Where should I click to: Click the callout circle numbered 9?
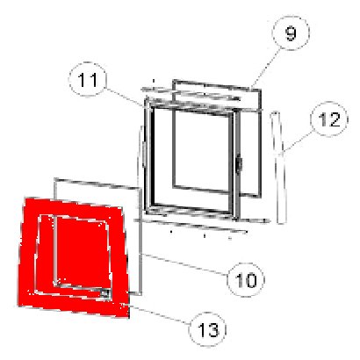[291, 33]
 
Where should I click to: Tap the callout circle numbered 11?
[88, 79]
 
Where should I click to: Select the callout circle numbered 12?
[329, 119]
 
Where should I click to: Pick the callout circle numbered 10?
[246, 279]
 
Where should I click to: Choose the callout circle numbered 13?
[208, 329]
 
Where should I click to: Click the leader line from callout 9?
[264, 68]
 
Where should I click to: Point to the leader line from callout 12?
[298, 142]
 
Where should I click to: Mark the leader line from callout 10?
[184, 264]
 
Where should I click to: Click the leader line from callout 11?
[126, 97]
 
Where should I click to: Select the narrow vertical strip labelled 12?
[278, 168]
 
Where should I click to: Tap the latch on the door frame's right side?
[239, 165]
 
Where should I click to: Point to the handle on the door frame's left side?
[145, 154]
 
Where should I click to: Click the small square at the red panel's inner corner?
[105, 293]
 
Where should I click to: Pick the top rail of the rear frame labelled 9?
[217, 85]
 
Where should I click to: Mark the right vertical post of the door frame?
[236, 164]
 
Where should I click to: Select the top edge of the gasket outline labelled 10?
[97, 184]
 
